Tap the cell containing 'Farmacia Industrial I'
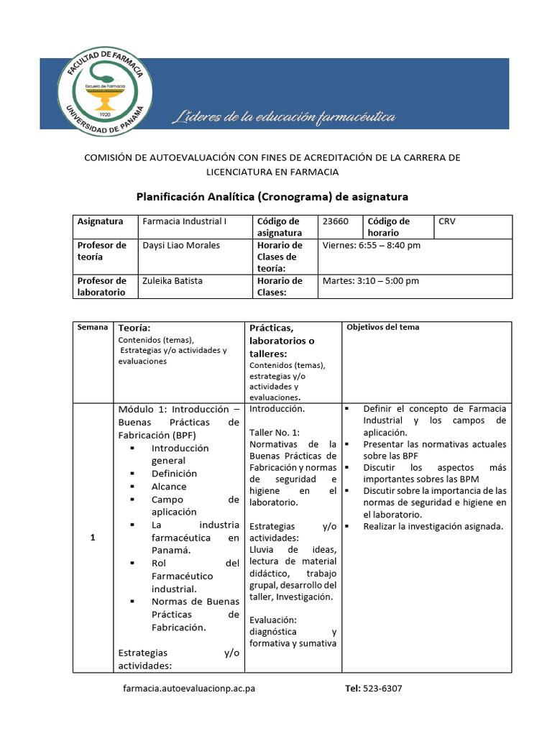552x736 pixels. tap(185, 221)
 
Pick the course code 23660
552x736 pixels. tap(336, 221)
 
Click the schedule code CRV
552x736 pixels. tap(447, 221)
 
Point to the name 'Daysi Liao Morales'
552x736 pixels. tap(181, 245)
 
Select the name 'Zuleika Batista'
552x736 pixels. tap(172, 280)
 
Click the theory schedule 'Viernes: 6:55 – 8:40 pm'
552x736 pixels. tap(372, 245)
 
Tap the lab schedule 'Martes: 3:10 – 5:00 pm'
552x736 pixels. tap(371, 280)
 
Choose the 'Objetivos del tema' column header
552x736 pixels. tap(383, 327)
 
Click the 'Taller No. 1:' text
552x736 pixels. tap(274, 432)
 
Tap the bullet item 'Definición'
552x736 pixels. tap(174, 474)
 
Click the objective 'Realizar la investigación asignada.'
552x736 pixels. tap(433, 527)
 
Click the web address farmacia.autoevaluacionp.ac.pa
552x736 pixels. tap(189, 688)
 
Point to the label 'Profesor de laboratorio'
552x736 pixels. tap(101, 286)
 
